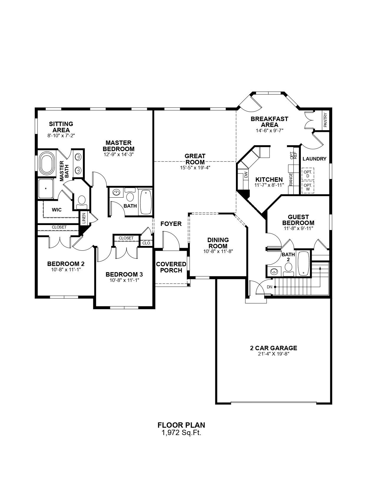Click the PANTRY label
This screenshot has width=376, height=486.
(x=325, y=120)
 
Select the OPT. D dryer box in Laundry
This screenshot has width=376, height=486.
(x=308, y=174)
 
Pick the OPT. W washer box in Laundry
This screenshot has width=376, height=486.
(x=308, y=187)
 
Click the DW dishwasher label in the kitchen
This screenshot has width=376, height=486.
(x=246, y=175)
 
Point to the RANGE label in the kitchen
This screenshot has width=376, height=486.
(x=291, y=179)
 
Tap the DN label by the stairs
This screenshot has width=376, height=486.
(x=270, y=287)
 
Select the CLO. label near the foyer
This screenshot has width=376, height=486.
(x=147, y=243)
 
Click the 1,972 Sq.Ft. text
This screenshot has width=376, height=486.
(x=182, y=433)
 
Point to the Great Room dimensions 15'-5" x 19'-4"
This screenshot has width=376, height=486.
(x=195, y=168)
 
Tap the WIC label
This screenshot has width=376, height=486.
(x=57, y=210)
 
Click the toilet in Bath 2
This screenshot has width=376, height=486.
(x=288, y=269)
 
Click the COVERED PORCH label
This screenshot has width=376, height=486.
(x=171, y=267)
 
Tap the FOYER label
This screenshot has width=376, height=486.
(x=171, y=224)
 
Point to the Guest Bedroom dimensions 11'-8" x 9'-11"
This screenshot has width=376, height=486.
(x=298, y=228)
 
